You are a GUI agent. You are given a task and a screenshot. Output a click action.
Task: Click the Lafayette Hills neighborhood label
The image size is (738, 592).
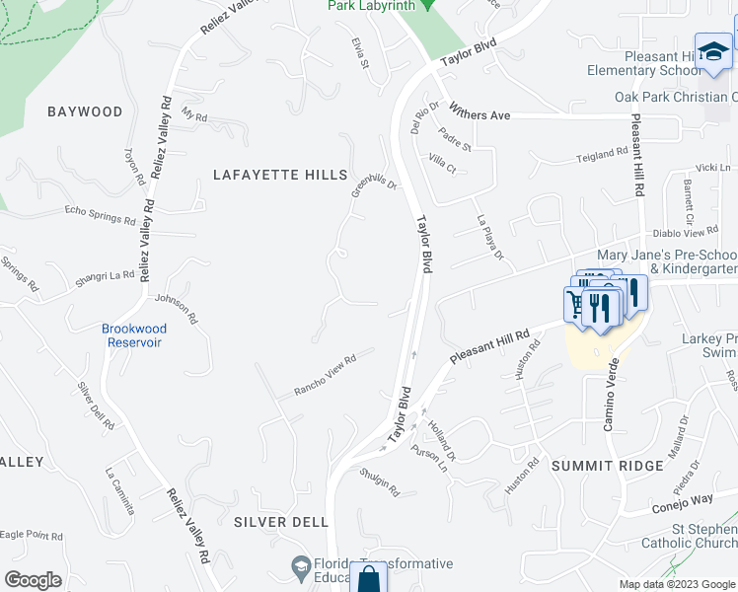(281, 175)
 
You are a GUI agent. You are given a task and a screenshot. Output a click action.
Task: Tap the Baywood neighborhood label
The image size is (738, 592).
(85, 111)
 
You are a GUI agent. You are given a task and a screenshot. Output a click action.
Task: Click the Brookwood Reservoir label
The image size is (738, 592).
(133, 335)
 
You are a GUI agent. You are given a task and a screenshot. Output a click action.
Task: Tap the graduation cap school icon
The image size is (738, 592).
(712, 54)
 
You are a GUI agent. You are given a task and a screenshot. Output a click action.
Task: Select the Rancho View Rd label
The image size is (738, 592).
(324, 377)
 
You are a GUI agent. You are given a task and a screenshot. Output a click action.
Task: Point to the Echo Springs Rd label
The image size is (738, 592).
(100, 214)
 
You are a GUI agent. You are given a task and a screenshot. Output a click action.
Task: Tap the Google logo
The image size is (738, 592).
(34, 580)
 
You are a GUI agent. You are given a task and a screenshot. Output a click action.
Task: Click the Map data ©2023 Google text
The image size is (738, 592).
(676, 584)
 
